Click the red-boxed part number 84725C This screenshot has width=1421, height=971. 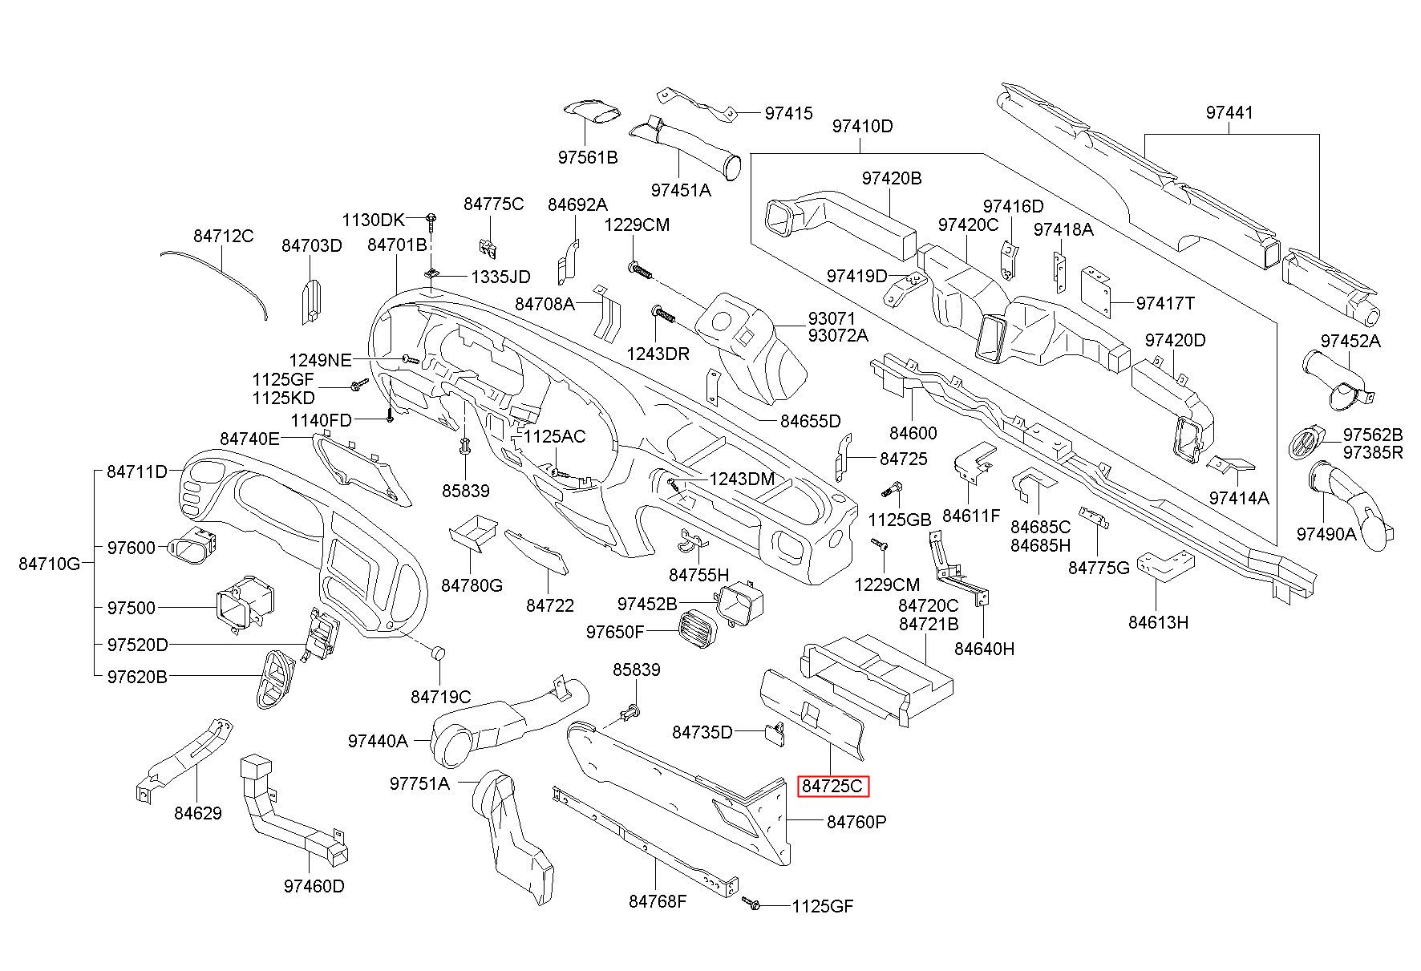833,786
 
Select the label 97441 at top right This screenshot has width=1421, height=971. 1229,113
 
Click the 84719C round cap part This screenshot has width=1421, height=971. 438,653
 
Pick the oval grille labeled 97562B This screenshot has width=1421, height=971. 1306,443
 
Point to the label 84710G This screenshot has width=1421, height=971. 50,564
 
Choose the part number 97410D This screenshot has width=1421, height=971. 862,127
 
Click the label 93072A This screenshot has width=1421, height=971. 837,335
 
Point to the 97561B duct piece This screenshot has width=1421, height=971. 592,111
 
